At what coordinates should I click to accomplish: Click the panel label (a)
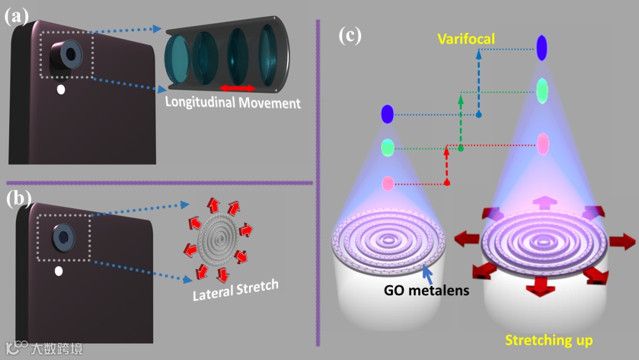click(x=16, y=16)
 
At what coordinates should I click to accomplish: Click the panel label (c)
click(x=350, y=36)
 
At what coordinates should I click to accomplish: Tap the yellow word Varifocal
click(x=466, y=40)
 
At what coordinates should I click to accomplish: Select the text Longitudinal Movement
click(x=233, y=102)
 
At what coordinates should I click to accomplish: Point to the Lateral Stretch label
click(x=235, y=290)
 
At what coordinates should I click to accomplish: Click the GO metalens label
click(x=427, y=291)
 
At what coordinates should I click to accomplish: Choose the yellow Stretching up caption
click(x=549, y=340)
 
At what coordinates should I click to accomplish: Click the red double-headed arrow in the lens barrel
click(x=238, y=88)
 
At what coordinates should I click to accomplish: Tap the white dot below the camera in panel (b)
click(x=59, y=271)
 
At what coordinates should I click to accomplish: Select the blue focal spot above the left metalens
click(x=388, y=114)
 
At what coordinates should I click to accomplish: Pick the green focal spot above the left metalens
click(x=388, y=147)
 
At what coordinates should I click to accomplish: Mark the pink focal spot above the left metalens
click(x=388, y=184)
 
